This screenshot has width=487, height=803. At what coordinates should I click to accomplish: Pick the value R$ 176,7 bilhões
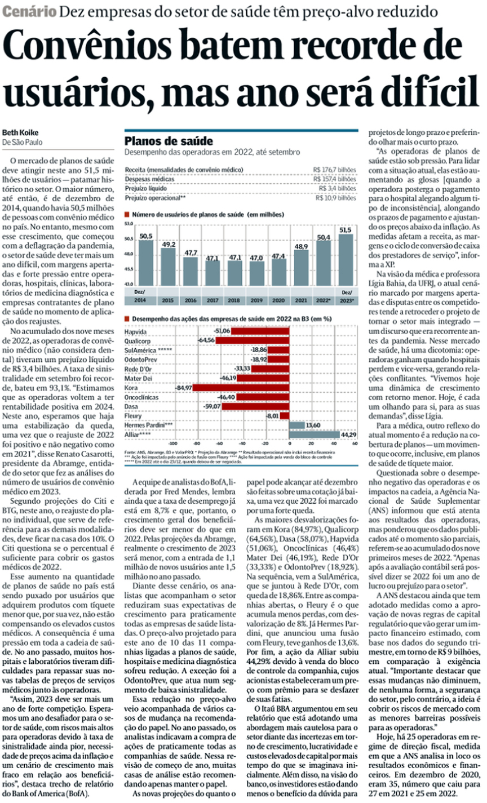coord(335,170)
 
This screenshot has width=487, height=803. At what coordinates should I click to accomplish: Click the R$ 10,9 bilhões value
coord(335,197)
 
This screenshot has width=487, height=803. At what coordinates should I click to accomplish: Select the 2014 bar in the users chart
coord(145,264)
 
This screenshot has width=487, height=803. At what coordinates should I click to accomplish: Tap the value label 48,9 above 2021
coord(301,247)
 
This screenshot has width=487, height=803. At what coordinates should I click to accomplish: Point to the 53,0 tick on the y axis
coord(129,224)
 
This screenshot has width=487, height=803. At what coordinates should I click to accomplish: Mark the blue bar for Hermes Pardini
coord(296,425)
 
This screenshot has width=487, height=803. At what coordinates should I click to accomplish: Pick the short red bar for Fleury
coord(285,416)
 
